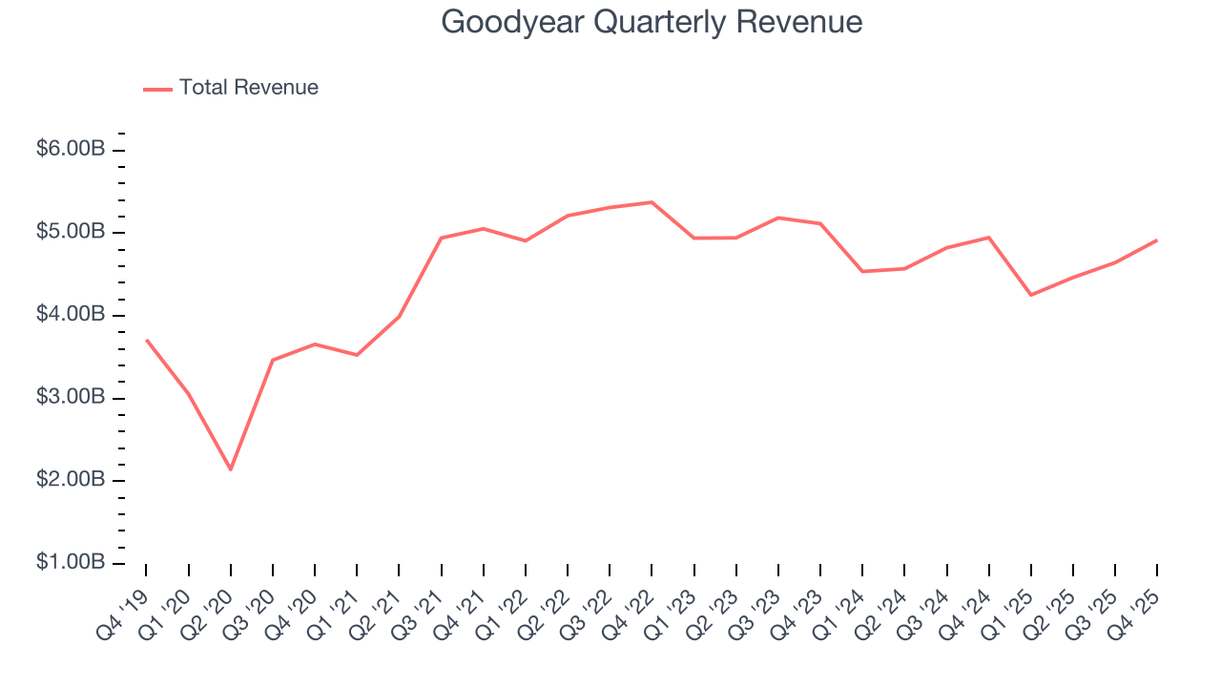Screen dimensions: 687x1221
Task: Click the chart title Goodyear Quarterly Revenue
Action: pyautogui.click(x=652, y=23)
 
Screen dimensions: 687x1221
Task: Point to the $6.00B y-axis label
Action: pyautogui.click(x=71, y=150)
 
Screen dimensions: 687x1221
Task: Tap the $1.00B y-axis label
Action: pyautogui.click(x=71, y=563)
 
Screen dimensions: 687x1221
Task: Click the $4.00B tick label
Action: pyautogui.click(x=71, y=315)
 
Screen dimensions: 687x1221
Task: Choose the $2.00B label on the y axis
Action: pyautogui.click(x=71, y=480)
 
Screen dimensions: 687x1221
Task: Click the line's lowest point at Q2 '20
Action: pyautogui.click(x=230, y=469)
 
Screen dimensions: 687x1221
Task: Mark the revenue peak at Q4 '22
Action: pyautogui.click(x=652, y=202)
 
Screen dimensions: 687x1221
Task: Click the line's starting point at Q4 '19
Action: pyautogui.click(x=146, y=340)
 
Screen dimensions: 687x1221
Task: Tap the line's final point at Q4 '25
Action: pyautogui.click(x=1156, y=240)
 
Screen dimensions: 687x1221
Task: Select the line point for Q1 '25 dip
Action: pyautogui.click(x=1030, y=295)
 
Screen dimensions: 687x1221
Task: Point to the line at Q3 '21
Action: pyautogui.click(x=441, y=238)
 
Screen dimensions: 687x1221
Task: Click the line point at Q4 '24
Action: pyautogui.click(x=988, y=238)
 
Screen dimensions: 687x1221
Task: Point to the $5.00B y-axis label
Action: pyautogui.click(x=71, y=233)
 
